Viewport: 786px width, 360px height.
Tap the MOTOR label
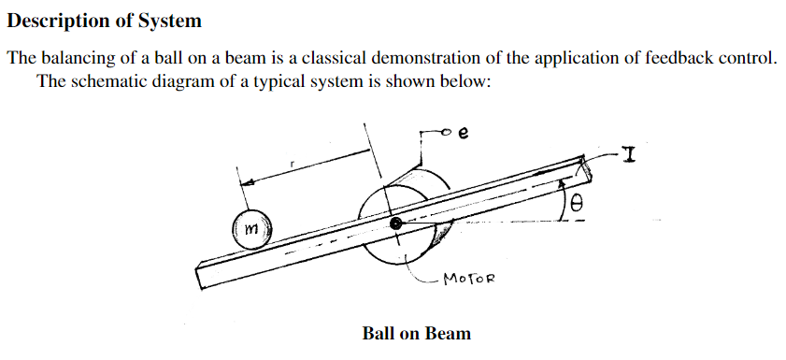coord(468,279)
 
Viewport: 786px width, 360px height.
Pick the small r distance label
coord(293,163)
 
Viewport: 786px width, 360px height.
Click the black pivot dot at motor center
coord(396,224)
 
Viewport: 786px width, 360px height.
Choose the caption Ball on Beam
coord(416,333)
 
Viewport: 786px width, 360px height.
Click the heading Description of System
coord(105,20)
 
